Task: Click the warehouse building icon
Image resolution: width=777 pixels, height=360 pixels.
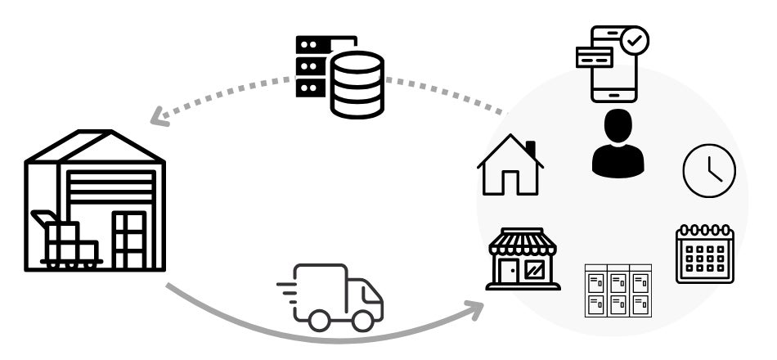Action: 94,200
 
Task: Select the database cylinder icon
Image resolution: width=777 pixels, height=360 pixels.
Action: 357,84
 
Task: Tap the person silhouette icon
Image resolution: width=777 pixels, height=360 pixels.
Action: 618,145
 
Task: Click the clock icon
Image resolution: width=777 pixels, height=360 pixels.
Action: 709,170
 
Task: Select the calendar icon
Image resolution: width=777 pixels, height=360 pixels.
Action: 704,254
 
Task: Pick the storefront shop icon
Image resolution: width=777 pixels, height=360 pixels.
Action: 523,259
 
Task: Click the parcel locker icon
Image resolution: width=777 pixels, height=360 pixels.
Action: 618,290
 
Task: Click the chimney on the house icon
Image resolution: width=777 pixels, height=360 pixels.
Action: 531,149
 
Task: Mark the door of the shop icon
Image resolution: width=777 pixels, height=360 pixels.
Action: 508,271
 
